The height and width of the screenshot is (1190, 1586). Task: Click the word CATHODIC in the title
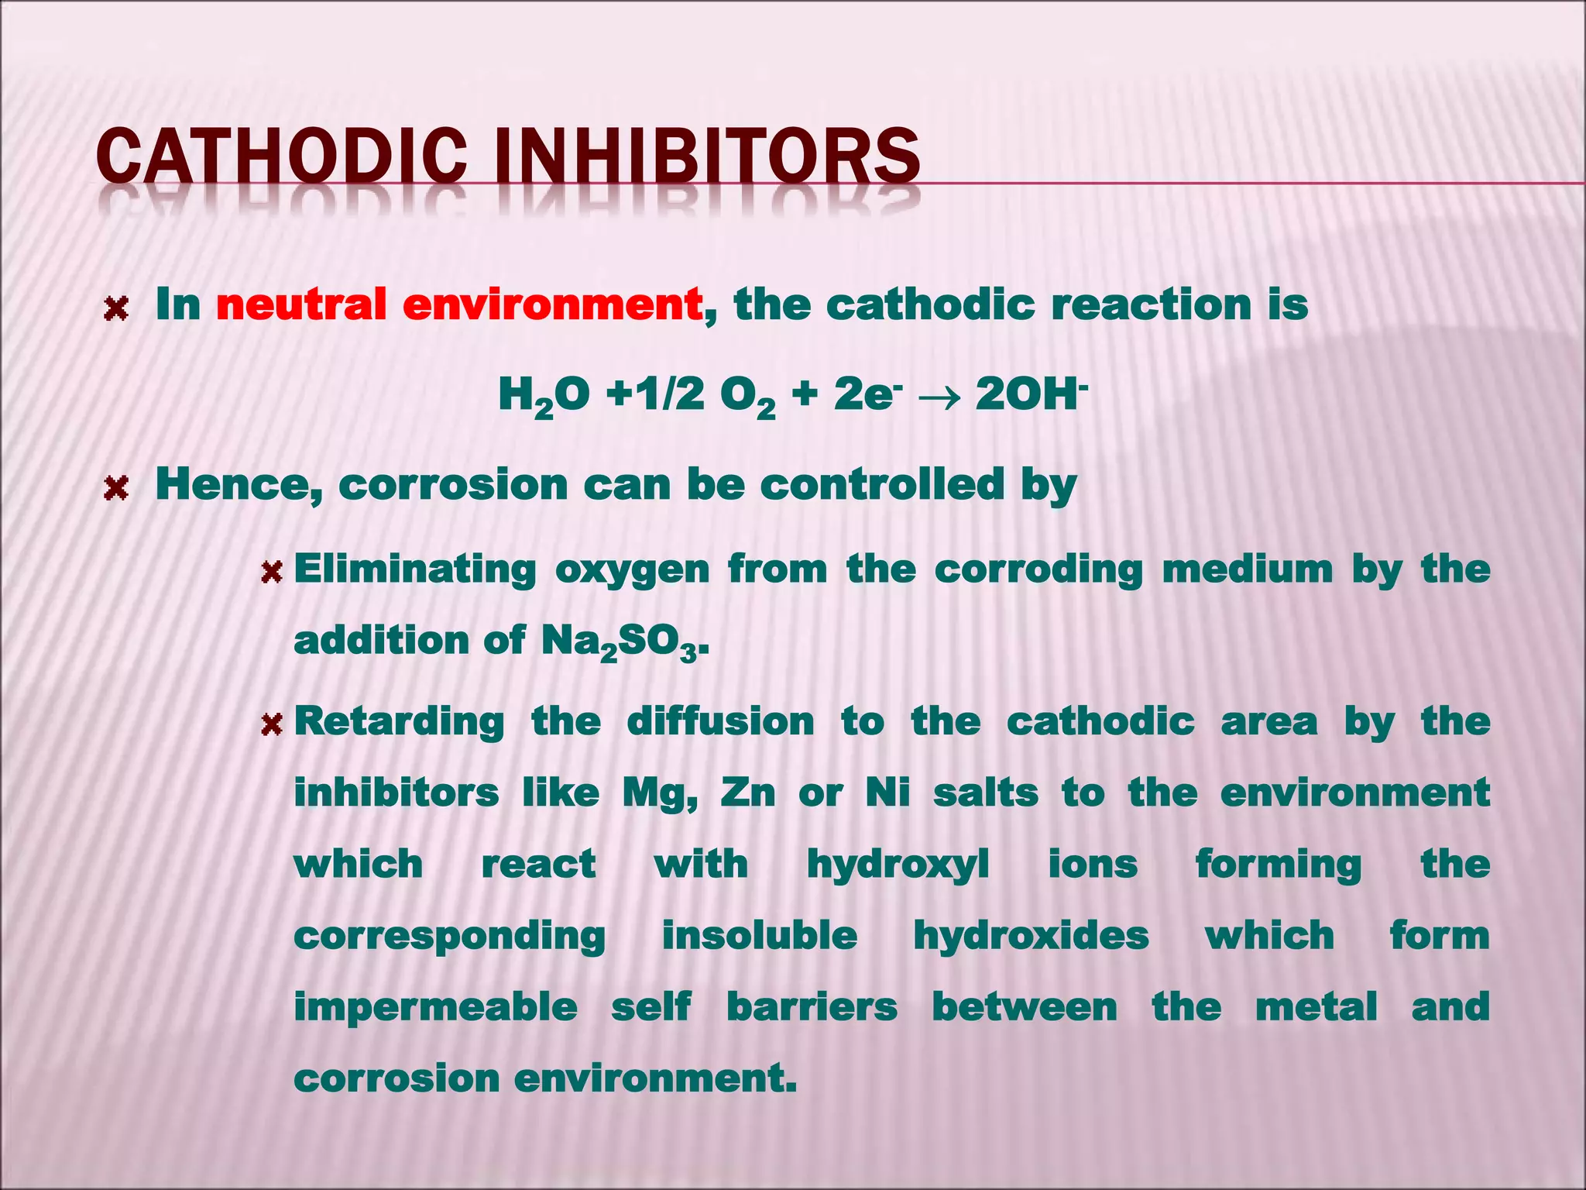(x=282, y=156)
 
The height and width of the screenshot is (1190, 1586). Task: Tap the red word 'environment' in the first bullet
(x=552, y=304)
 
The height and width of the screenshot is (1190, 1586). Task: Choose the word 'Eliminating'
(x=414, y=569)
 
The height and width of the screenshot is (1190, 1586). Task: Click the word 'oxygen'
(x=632, y=571)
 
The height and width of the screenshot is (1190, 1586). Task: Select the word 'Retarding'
(x=400, y=722)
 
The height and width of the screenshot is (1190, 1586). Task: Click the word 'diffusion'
(x=720, y=722)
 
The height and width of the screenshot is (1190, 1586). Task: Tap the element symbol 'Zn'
(x=747, y=793)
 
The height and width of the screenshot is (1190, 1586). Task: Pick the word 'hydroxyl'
(x=898, y=865)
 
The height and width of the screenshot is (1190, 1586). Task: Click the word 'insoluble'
(x=760, y=935)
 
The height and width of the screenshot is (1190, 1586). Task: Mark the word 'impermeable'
(x=435, y=1007)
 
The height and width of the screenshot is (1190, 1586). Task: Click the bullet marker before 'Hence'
(x=115, y=489)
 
